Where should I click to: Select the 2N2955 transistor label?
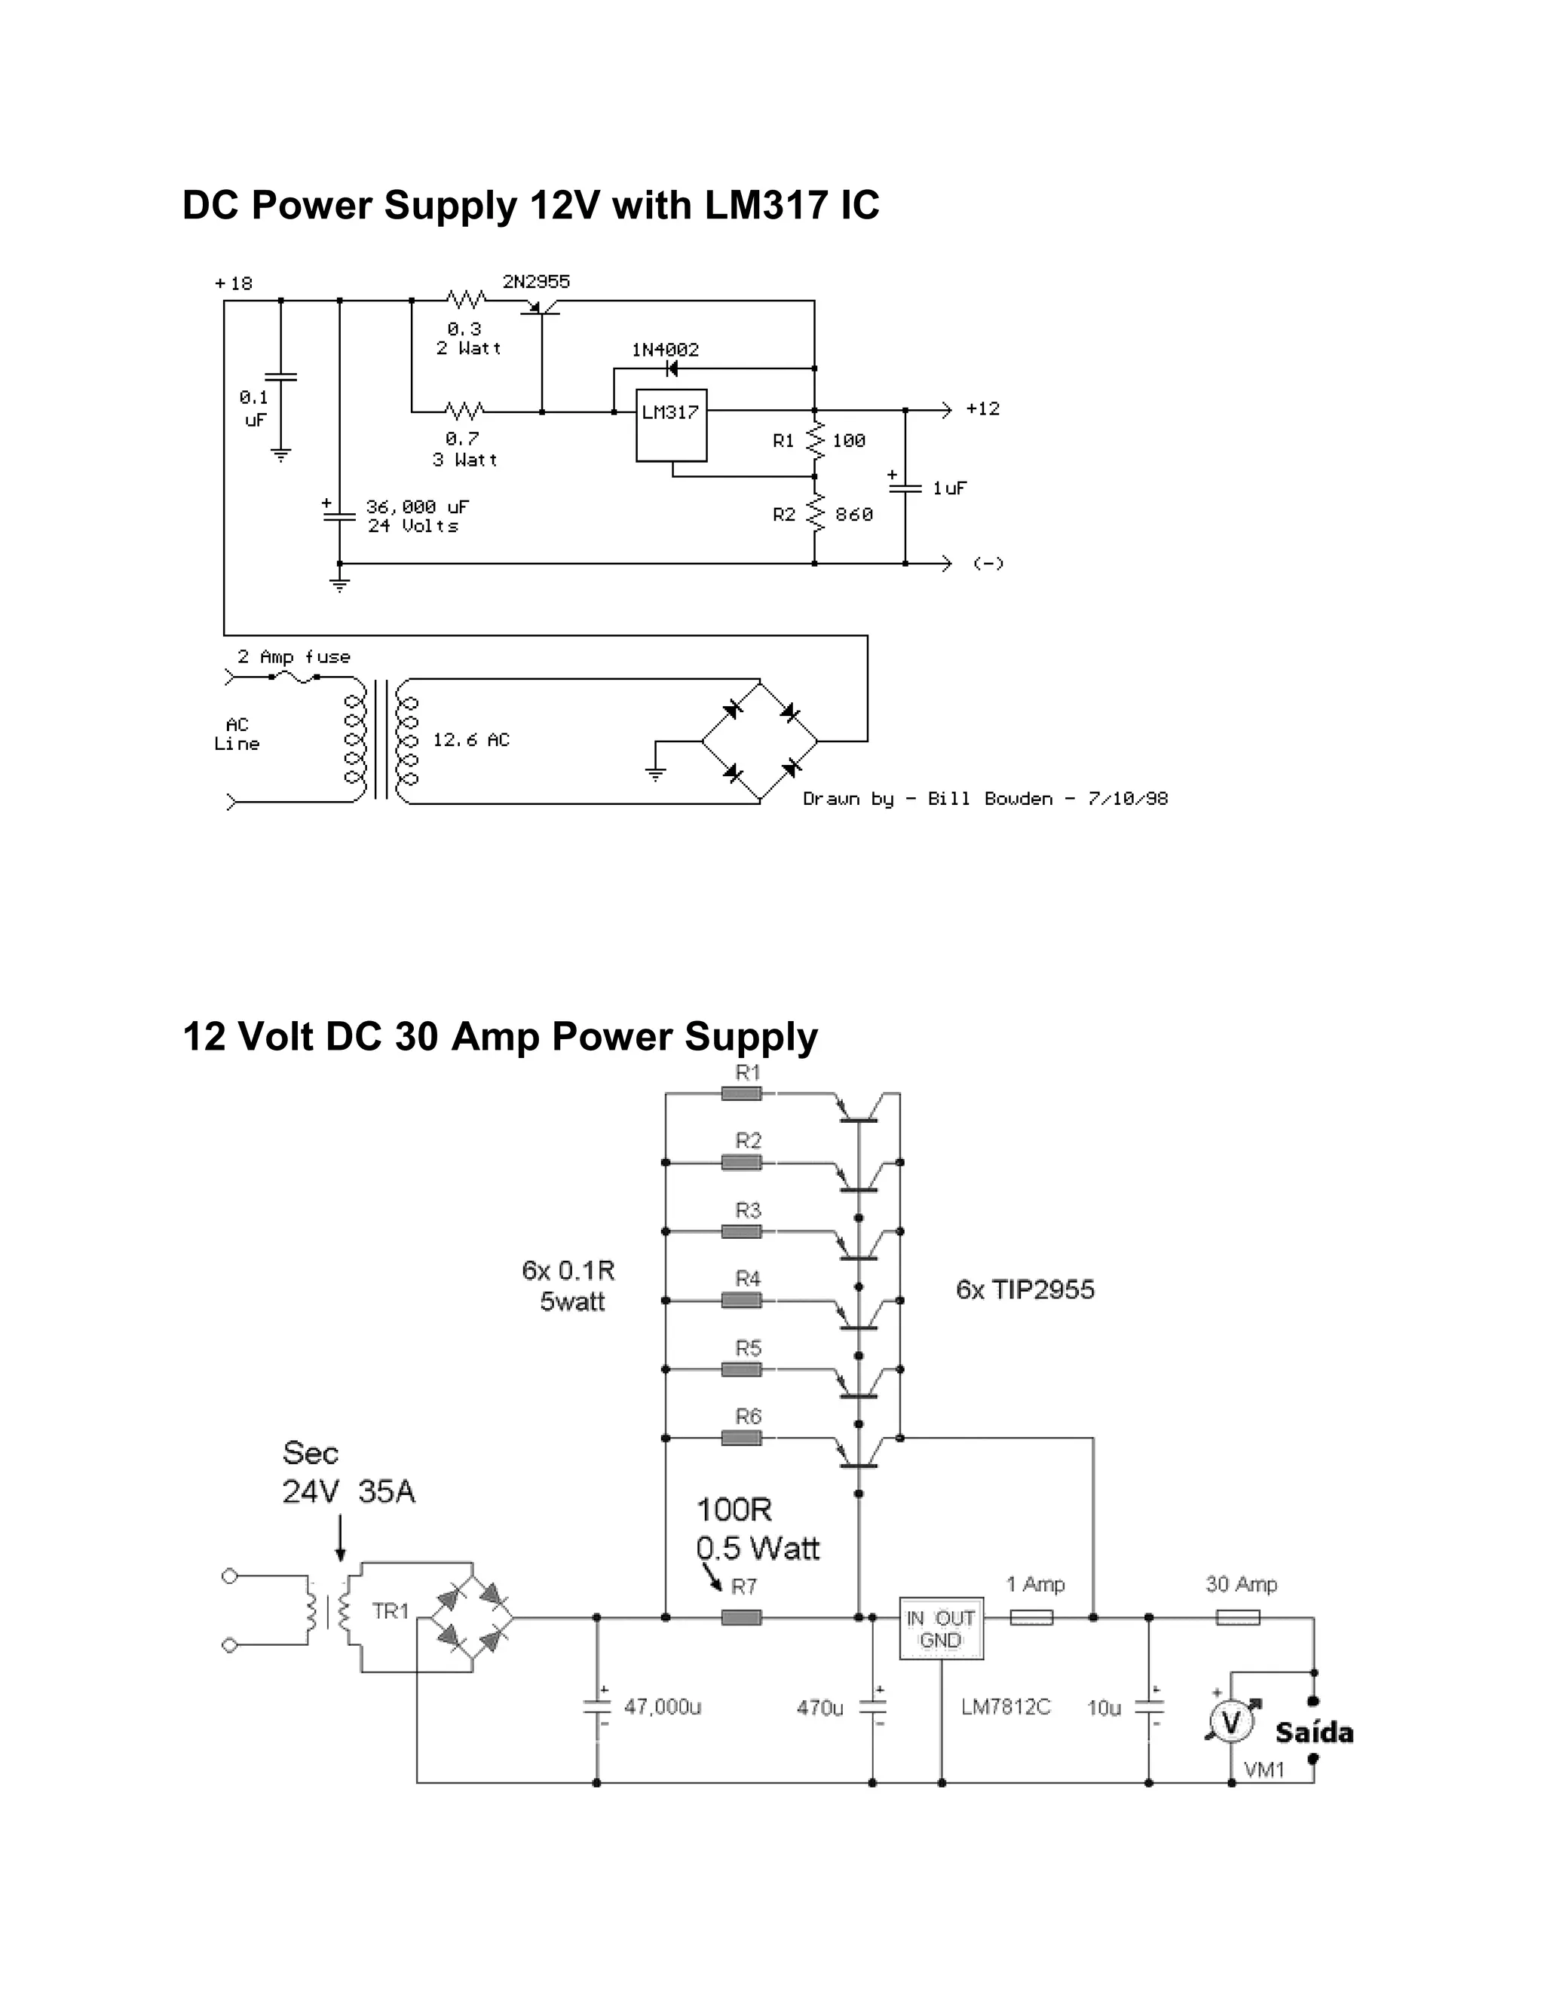pyautogui.click(x=536, y=282)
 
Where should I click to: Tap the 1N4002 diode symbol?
pyautogui.click(x=672, y=369)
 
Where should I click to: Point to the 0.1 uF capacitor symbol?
pyautogui.click(x=280, y=377)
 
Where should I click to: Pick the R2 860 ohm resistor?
pyautogui.click(x=815, y=514)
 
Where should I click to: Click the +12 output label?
pyautogui.click(x=982, y=408)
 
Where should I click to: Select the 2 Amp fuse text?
pyautogui.click(x=293, y=656)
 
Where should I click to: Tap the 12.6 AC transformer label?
pyautogui.click(x=471, y=740)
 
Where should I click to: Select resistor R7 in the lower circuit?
pyautogui.click(x=742, y=1617)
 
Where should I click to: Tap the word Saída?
pyautogui.click(x=1314, y=1732)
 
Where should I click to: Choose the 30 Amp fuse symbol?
pyautogui.click(x=1238, y=1617)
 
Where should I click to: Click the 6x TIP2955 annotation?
pyautogui.click(x=1025, y=1290)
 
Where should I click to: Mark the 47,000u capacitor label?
pyautogui.click(x=662, y=1707)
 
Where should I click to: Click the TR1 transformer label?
pyautogui.click(x=391, y=1611)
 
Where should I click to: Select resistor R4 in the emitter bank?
pyautogui.click(x=742, y=1300)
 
